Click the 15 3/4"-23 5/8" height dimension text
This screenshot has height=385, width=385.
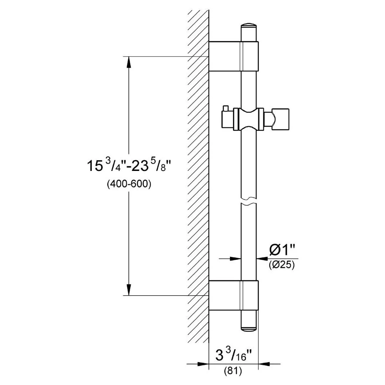pos(129,167)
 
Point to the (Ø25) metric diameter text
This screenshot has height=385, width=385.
pos(282,265)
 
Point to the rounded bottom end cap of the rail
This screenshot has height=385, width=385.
pos(249,320)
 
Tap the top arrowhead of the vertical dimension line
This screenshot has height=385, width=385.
pos(129,62)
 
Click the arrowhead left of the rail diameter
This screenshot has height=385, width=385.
pos(236,259)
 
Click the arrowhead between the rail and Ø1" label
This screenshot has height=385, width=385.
pos(262,259)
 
